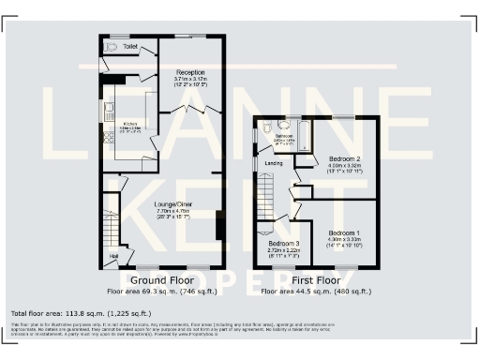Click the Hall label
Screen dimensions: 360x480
[114, 254]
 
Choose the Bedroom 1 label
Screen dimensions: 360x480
[343, 232]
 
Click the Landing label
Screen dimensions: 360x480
[275, 163]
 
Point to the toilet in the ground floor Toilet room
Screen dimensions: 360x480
[112, 46]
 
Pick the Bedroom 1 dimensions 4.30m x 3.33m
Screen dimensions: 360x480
[343, 240]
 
